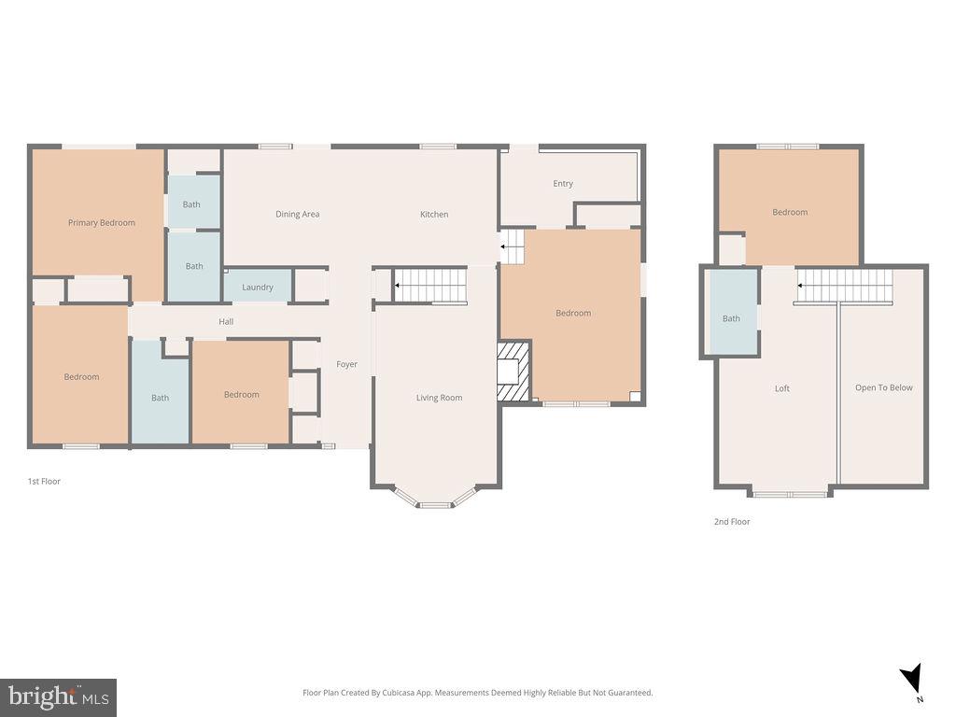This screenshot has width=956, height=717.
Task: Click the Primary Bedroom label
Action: [101, 223]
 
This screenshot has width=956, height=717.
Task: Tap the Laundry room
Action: [258, 288]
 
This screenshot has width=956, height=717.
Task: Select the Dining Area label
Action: [297, 215]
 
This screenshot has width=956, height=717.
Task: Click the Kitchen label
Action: [433, 215]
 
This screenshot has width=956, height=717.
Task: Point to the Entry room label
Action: [563, 184]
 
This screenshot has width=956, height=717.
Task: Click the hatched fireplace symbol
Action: [513, 371]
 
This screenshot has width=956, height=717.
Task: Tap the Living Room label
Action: [439, 398]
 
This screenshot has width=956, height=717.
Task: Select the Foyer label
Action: [346, 364]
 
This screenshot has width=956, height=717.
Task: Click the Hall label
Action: [226, 322]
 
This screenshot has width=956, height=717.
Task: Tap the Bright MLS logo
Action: [58, 696]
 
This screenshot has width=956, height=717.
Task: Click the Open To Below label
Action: [883, 387]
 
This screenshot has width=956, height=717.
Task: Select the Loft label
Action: [782, 388]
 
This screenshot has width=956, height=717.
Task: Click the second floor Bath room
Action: [731, 318]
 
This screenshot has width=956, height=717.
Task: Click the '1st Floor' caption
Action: [44, 482]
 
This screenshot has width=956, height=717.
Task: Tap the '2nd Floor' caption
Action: [732, 522]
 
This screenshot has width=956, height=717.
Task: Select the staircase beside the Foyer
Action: [429, 284]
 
